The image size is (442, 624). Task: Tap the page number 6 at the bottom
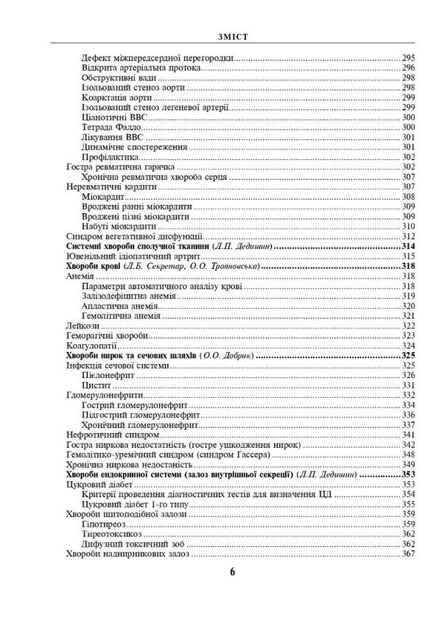pos(231,572)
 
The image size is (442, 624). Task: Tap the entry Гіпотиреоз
pos(106,524)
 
